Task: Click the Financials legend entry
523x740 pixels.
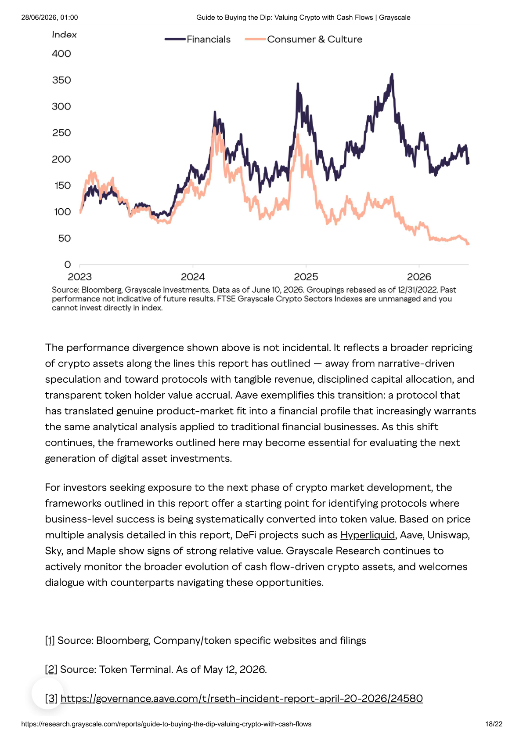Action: point(198,39)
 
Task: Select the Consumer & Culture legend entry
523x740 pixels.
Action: point(303,39)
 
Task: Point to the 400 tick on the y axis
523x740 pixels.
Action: point(61,54)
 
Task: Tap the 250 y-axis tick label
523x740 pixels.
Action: point(61,133)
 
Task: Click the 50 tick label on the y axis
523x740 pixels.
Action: point(65,238)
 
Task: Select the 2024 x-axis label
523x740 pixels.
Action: point(193,277)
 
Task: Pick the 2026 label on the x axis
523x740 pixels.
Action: point(419,277)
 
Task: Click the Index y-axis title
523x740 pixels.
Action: point(65,35)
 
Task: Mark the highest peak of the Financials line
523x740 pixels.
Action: point(392,75)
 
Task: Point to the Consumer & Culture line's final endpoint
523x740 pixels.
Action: point(468,244)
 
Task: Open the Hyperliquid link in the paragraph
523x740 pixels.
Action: point(368,535)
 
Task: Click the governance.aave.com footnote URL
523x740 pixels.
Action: point(242,698)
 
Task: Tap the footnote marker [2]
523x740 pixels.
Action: point(51,669)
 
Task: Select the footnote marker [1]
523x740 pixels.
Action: point(50,640)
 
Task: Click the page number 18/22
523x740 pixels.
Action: point(494,724)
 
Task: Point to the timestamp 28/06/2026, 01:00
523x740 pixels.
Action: point(50,18)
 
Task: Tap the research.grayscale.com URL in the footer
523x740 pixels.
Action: point(166,724)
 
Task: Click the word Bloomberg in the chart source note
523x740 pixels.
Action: point(102,290)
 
